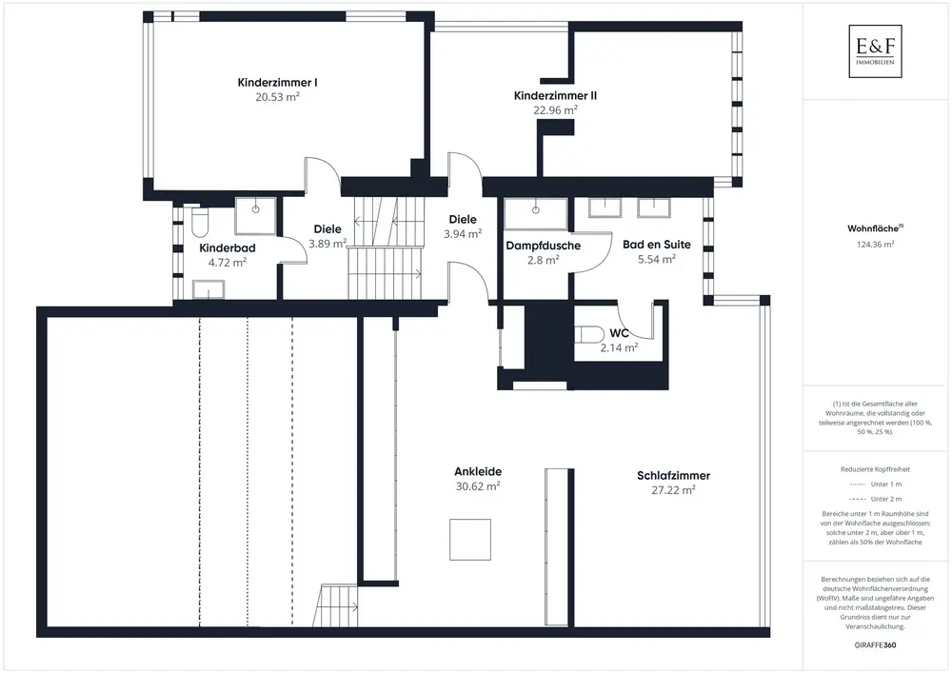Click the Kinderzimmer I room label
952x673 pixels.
click(277, 83)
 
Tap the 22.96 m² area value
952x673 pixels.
click(555, 109)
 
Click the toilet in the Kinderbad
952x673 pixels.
click(198, 223)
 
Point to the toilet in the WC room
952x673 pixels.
click(588, 334)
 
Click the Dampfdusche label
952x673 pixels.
click(544, 245)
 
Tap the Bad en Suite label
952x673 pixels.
click(656, 245)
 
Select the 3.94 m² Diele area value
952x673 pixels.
click(463, 232)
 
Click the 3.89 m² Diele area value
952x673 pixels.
click(327, 243)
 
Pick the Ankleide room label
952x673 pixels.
click(478, 471)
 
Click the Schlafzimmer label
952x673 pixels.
click(674, 476)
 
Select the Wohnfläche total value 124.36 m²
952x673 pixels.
click(876, 244)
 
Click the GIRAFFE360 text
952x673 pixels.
click(876, 645)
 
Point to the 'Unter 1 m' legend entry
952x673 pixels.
click(876, 484)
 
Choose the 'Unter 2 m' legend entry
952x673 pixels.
click(876, 499)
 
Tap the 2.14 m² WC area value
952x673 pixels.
click(619, 348)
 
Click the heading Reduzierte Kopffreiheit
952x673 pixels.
click(876, 468)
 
